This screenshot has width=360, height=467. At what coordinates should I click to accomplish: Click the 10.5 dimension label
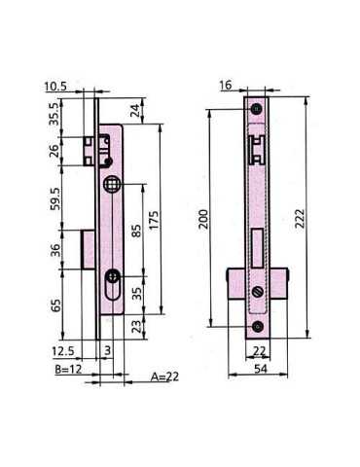pos(55,87)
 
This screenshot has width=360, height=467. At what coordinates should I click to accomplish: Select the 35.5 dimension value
pos(54,114)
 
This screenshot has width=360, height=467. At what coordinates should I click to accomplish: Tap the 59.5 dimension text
pos(55,198)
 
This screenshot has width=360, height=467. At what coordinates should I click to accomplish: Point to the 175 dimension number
pos(154,220)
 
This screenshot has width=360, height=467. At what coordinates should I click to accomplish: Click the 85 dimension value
pos(136,231)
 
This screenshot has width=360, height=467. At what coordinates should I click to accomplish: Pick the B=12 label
pos(68,369)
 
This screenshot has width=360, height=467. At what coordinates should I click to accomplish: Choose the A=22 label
pos(164,377)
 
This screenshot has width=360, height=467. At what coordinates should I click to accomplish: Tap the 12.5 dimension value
pos(63,351)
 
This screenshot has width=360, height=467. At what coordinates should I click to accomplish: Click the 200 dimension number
pos(203,219)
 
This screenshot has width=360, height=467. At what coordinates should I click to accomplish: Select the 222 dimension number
pos(301,218)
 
